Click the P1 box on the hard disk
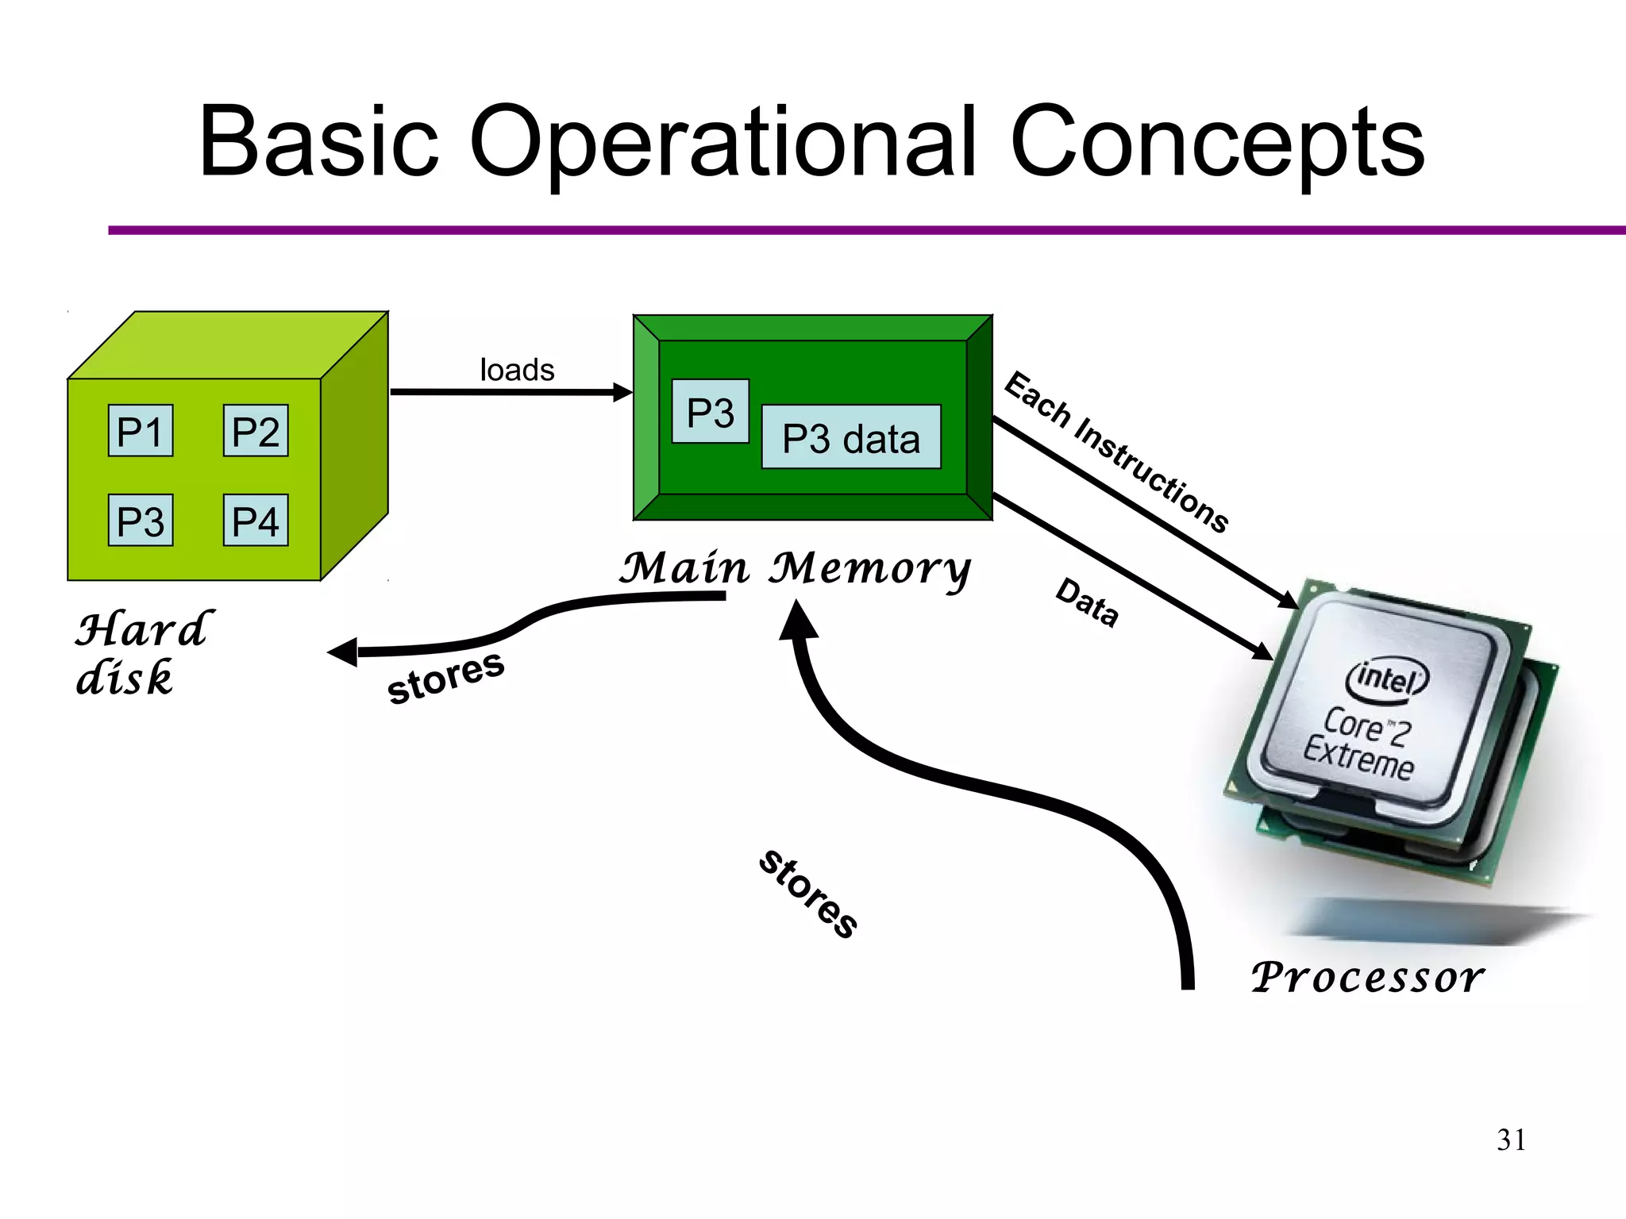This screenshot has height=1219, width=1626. click(x=141, y=431)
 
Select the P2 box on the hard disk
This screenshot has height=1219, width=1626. click(x=256, y=431)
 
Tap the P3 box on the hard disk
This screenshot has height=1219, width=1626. click(x=141, y=521)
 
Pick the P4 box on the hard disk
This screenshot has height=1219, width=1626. click(x=256, y=521)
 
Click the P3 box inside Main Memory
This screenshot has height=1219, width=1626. click(x=710, y=412)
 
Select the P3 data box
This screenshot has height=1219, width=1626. click(x=851, y=437)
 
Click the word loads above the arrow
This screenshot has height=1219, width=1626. click(x=517, y=370)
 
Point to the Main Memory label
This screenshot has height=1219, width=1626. click(x=794, y=568)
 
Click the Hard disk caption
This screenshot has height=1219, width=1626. click(x=143, y=653)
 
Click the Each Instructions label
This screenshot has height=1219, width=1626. click(x=1116, y=452)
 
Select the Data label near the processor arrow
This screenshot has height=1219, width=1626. click(x=1087, y=602)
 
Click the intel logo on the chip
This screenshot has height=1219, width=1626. click(x=1386, y=679)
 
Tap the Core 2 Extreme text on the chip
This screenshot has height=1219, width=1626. click(x=1359, y=743)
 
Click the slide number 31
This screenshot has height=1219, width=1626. click(x=1511, y=1140)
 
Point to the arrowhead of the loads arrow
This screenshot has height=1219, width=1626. click(x=624, y=392)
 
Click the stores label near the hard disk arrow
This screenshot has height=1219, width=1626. click(x=445, y=679)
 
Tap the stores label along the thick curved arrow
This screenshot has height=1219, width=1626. click(x=807, y=894)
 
